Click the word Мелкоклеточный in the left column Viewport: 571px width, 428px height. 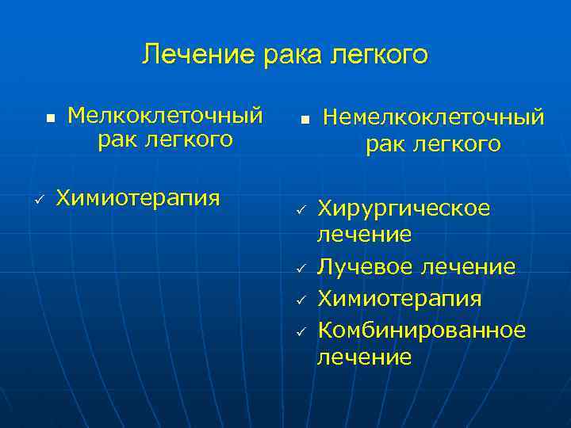click(x=165, y=116)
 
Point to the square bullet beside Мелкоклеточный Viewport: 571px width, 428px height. click(x=50, y=117)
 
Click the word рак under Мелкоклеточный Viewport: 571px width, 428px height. click(x=118, y=140)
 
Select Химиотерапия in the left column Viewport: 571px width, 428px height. click(x=138, y=197)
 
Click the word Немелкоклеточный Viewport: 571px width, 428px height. click(x=433, y=117)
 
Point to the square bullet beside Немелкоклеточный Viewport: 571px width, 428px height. click(x=303, y=120)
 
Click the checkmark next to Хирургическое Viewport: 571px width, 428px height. click(x=301, y=209)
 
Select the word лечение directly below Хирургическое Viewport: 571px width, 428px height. click(x=364, y=234)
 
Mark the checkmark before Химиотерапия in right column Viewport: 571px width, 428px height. click(x=301, y=300)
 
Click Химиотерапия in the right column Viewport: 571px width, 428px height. click(x=399, y=298)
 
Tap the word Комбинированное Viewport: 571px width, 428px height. click(x=421, y=329)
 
